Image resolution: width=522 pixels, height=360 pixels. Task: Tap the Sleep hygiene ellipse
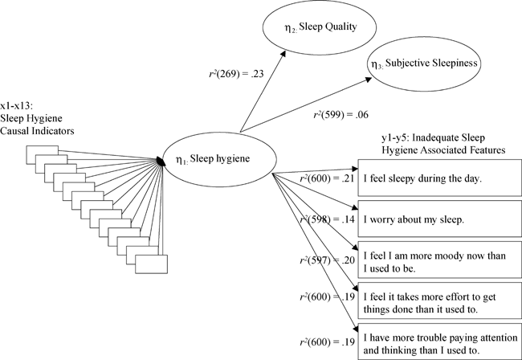click(216, 157)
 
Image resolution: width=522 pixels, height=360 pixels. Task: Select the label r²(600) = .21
click(326, 179)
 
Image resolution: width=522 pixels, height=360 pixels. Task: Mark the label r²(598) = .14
click(326, 219)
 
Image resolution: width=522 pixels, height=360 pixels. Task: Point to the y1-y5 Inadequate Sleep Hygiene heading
click(442, 143)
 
